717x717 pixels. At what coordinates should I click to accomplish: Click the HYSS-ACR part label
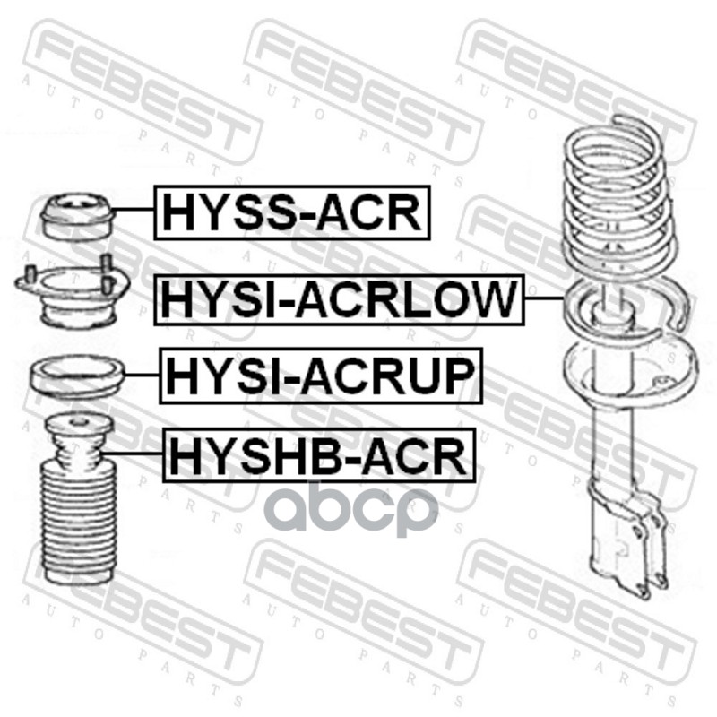[292, 212]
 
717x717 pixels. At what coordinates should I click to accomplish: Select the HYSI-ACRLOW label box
[339, 300]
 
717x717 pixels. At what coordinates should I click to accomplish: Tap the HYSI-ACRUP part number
[321, 376]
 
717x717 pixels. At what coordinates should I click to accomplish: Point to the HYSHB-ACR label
[319, 455]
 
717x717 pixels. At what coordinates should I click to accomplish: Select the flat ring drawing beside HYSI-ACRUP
[78, 379]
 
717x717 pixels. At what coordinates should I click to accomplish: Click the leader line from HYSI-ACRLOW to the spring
[544, 298]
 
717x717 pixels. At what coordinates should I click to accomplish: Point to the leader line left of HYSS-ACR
[133, 209]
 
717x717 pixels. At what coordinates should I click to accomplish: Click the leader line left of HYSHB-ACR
[133, 454]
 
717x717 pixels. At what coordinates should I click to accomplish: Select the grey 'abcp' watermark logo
[355, 507]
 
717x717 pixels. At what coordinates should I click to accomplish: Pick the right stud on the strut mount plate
[107, 272]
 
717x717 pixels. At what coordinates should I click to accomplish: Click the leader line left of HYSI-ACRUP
[143, 375]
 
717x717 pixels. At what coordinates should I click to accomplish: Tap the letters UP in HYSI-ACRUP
[443, 376]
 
